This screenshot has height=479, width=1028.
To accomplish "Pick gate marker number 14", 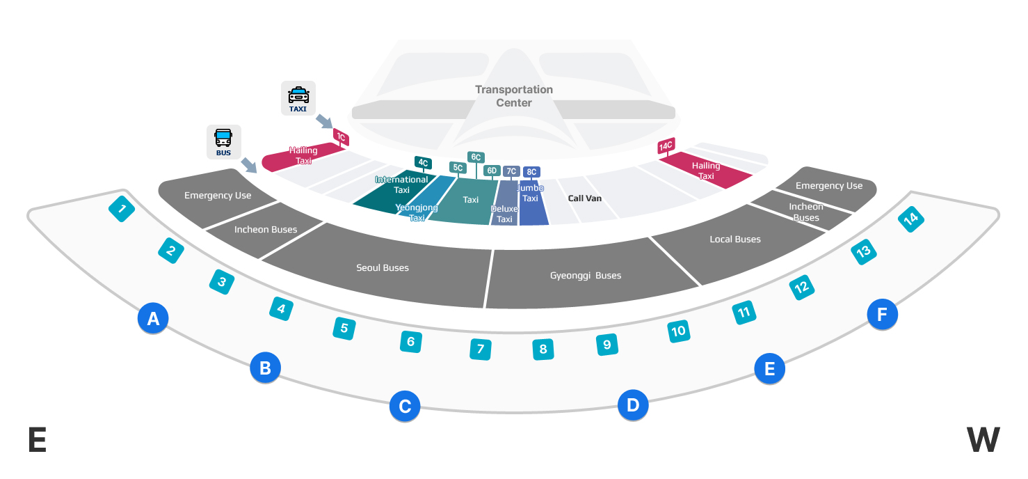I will tap(910, 219).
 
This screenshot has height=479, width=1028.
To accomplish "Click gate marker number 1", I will tap(122, 208).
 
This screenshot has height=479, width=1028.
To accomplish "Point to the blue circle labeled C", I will tap(404, 406).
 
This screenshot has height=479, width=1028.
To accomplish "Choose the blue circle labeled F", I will tap(882, 315).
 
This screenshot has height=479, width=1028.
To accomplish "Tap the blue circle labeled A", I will tap(153, 319).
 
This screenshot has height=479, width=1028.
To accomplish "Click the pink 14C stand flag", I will tap(666, 146).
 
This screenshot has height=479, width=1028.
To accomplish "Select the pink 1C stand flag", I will tap(341, 137).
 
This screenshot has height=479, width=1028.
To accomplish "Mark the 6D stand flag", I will tap(492, 171).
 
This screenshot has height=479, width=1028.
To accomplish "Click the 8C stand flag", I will tap(531, 171).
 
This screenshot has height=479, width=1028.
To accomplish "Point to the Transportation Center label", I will tap(514, 96).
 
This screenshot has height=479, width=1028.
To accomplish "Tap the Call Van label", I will tap(584, 198).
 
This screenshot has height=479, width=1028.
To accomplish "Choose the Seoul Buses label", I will tap(383, 268).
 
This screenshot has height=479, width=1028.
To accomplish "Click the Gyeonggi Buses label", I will tap(585, 276).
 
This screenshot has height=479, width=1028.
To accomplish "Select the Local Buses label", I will tap(735, 239).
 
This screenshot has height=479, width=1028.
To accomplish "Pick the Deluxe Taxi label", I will tap(504, 214).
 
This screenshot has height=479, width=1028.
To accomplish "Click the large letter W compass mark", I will tap(983, 440).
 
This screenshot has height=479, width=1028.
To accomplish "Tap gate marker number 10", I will tap(678, 331).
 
